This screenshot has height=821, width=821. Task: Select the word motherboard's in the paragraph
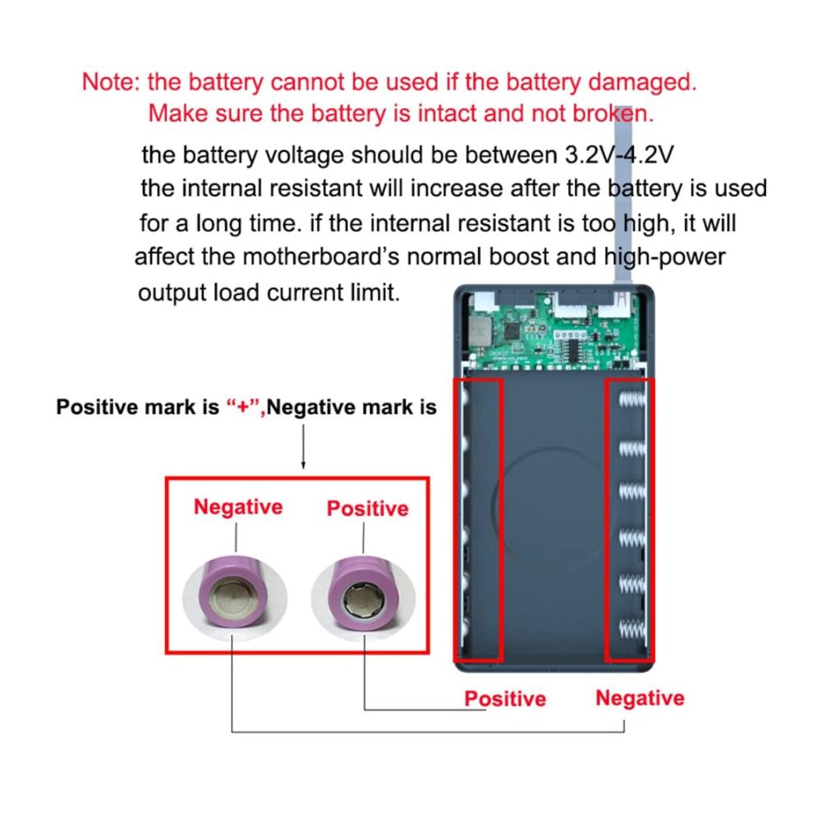332,256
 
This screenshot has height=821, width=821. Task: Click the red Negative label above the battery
238,507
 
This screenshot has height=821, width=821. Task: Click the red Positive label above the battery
367,509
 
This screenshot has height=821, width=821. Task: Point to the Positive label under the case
505,699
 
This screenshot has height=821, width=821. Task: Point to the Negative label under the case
640,698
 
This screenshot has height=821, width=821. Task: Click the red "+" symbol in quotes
243,407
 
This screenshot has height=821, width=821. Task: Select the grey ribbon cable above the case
626,197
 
